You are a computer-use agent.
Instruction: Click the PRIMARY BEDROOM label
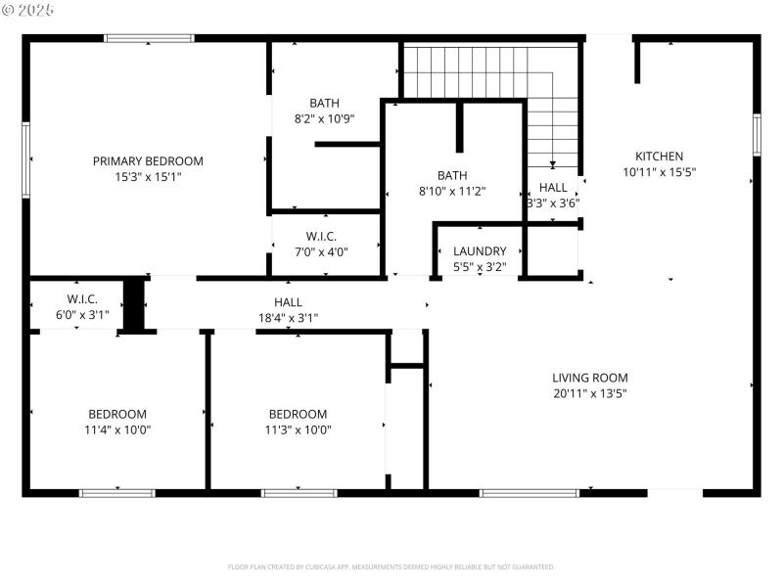[x=148, y=161]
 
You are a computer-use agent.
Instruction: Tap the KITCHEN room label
[x=660, y=157]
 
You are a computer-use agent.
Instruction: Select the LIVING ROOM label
[x=589, y=378]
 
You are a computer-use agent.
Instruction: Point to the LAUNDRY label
[x=480, y=251]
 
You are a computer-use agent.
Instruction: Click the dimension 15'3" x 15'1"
[x=148, y=177]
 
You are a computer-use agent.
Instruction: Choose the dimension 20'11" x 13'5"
[x=589, y=393]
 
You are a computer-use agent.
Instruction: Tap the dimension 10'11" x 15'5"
[x=660, y=172]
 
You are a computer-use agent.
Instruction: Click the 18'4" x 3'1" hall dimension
[x=288, y=317]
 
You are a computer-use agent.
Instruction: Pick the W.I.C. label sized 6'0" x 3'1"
[x=81, y=298]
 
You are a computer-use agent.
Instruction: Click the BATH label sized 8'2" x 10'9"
[x=324, y=103]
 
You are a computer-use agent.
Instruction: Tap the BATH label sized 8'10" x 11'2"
[x=452, y=176]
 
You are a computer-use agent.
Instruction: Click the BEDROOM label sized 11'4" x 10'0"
[x=117, y=414]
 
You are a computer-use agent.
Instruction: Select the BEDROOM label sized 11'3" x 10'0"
[x=298, y=414]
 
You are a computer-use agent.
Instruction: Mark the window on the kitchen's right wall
[x=757, y=134]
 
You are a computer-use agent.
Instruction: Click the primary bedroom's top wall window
[x=149, y=38]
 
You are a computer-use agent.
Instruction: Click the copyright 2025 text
[x=28, y=10]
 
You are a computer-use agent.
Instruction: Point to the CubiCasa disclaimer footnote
[x=391, y=566]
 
